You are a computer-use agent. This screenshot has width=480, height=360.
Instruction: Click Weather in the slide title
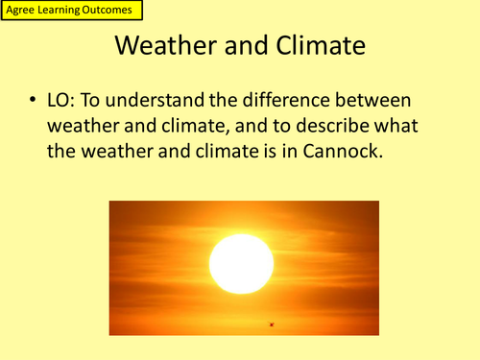168,45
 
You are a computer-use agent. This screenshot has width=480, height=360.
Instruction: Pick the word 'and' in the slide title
243,45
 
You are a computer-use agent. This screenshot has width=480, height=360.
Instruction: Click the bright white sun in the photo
241,263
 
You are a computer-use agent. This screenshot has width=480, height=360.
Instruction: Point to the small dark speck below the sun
272,324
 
